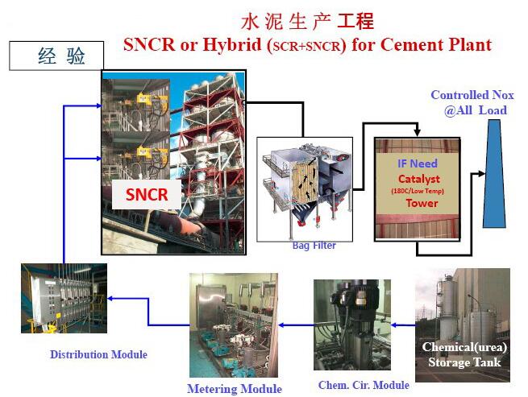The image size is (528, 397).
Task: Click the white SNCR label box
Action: coord(147,194)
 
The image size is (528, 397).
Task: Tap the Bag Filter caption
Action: coord(314,246)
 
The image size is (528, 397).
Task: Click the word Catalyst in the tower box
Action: coord(419,179)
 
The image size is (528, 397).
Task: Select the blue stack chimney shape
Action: coord(494,174)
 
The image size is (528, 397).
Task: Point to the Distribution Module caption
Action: coord(98,354)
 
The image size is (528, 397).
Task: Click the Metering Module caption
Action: coord(235,389)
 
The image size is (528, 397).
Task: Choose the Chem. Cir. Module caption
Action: coord(364,385)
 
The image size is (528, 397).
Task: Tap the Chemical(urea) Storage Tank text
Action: coord(464,354)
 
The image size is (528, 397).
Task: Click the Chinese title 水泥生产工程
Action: coord(307,22)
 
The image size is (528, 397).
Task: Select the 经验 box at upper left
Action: coord(56,56)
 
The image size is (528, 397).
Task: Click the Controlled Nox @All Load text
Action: coord(472,102)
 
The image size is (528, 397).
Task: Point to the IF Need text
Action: coord(418,163)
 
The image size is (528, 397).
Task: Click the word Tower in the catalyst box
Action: coord(422,203)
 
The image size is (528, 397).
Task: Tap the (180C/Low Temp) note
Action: coord(418,191)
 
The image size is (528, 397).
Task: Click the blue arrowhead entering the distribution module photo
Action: coord(110,298)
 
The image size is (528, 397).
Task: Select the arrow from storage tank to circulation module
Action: coord(403,325)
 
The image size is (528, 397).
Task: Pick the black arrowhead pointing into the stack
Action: coord(482,174)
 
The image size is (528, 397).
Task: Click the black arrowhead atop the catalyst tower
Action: coord(418,133)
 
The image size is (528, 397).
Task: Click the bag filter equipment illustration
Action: coord(305,185)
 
